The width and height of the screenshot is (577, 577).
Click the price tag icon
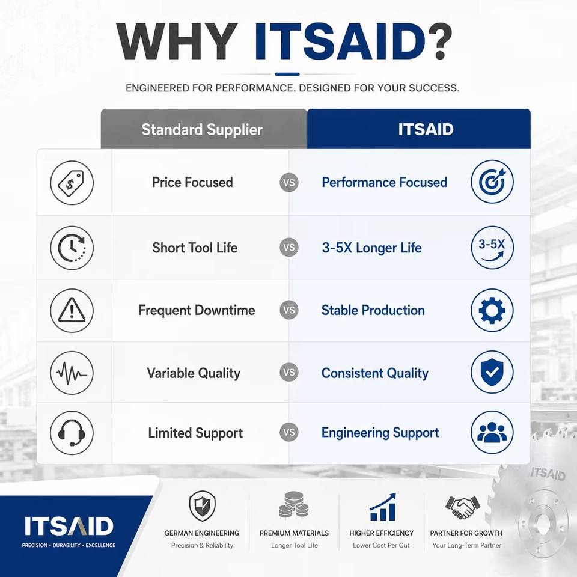tap(72, 183)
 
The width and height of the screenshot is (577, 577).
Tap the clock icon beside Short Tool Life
tap(72, 248)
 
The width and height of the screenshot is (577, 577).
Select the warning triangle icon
tap(72, 311)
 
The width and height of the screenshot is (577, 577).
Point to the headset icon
tap(72, 433)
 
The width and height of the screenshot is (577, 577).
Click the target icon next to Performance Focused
tap(492, 182)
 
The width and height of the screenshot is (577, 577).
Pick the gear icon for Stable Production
tap(492, 310)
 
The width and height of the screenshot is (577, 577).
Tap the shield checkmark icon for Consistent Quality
tap(492, 372)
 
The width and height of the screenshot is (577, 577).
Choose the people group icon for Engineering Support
tap(492, 432)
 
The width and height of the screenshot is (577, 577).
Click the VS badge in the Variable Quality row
tap(289, 373)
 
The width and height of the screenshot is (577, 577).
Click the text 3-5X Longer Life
tap(371, 248)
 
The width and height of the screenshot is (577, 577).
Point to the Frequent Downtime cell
tap(197, 310)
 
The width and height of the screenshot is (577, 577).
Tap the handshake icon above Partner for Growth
tap(463, 507)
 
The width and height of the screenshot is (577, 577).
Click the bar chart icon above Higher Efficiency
tap(383, 507)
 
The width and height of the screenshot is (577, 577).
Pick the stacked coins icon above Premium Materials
tap(294, 505)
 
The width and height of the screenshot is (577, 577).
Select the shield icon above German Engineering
tap(202, 506)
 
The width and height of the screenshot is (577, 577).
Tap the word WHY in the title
tap(177, 41)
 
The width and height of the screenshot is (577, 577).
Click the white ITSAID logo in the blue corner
tap(69, 526)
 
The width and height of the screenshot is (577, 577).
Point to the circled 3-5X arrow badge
tap(492, 247)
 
